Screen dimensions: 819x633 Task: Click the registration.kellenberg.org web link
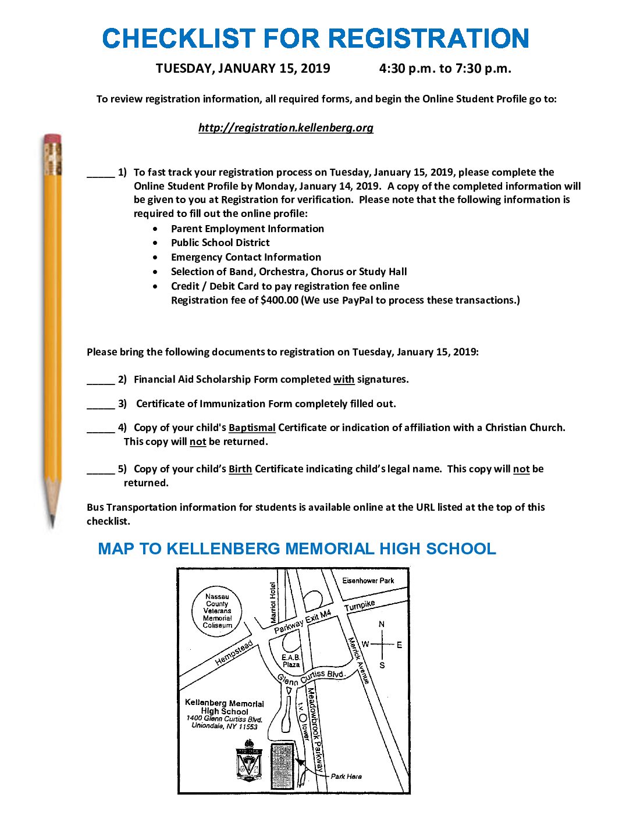pos(286,127)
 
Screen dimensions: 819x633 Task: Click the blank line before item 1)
pos(101,174)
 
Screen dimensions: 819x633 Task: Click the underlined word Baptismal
pos(252,428)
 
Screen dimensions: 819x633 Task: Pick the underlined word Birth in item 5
pos(240,469)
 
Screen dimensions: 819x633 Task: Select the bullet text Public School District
pos(220,243)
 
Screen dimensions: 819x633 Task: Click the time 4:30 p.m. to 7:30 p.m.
pos(445,69)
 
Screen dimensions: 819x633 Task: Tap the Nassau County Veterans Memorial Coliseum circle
pos(217,611)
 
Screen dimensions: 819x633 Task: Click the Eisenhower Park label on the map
pos(368,581)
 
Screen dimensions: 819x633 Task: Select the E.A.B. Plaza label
pos(291,661)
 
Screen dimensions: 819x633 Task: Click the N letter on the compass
pos(382,624)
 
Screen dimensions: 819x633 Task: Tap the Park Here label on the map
pos(346,777)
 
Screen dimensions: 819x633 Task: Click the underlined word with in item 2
pos(343,379)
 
